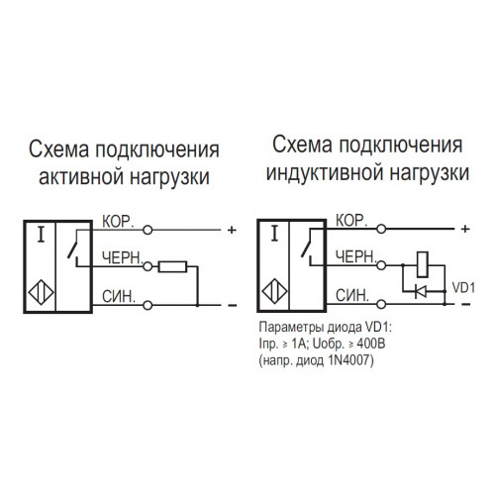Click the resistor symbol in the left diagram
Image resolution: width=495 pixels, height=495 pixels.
(172, 266)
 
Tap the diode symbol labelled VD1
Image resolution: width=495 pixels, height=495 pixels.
(421, 291)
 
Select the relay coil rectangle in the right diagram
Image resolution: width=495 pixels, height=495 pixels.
(423, 264)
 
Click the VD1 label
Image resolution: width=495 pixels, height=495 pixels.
(463, 288)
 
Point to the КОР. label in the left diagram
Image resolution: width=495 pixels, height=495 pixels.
(118, 222)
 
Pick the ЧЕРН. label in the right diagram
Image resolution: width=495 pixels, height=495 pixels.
(355, 256)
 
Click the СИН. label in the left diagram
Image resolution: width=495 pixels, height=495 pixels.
(119, 296)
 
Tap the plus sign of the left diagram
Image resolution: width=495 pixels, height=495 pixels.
(232, 230)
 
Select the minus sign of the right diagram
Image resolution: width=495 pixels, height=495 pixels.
(465, 304)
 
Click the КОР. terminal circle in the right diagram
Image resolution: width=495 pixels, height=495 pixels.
(381, 229)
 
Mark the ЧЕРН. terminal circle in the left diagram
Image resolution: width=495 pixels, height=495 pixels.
(148, 266)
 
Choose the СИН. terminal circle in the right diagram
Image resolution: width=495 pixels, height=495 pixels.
(381, 304)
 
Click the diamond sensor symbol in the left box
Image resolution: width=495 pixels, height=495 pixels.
(41, 292)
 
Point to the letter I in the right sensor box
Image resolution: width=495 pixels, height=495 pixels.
(274, 234)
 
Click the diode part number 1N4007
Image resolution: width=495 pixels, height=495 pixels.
(349, 360)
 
